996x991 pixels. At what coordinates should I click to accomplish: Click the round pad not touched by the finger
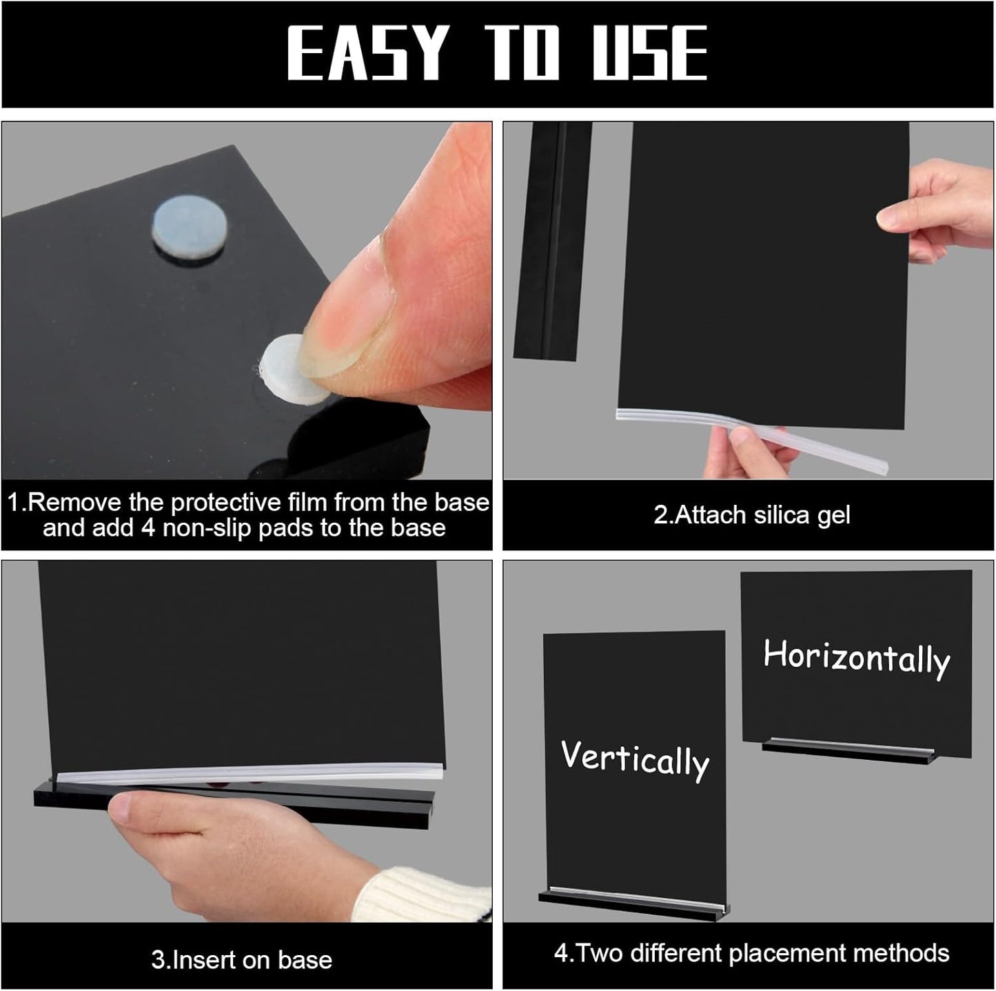pos(183,220)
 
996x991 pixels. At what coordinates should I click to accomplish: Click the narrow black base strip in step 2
pos(551,241)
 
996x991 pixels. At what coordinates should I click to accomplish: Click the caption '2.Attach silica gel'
pos(752,515)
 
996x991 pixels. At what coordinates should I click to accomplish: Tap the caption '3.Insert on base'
pos(242,959)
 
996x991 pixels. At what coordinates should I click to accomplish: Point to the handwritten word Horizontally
pos(856,657)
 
